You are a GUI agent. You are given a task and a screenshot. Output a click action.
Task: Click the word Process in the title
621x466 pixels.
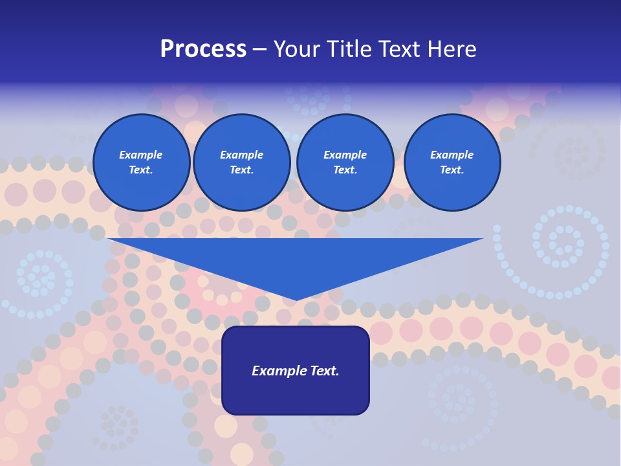(203, 49)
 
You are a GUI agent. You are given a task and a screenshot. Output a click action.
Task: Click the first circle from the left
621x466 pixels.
(142, 162)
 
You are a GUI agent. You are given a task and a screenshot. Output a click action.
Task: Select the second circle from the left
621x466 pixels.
(242, 162)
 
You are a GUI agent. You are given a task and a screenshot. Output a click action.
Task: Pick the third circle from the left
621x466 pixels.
(345, 162)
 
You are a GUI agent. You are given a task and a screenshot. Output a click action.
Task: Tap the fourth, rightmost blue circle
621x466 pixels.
(452, 162)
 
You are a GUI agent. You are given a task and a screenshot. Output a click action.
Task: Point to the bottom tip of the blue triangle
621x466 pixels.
(296, 300)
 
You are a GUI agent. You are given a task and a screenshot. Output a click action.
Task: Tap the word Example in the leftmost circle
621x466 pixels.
(141, 155)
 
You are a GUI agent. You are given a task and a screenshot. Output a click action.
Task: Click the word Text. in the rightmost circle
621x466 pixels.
(452, 170)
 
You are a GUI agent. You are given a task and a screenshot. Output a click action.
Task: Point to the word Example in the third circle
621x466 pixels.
(345, 155)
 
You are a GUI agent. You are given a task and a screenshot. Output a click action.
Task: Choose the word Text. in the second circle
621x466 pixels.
(242, 170)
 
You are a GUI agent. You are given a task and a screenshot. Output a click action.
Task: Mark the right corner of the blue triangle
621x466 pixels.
(481, 239)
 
